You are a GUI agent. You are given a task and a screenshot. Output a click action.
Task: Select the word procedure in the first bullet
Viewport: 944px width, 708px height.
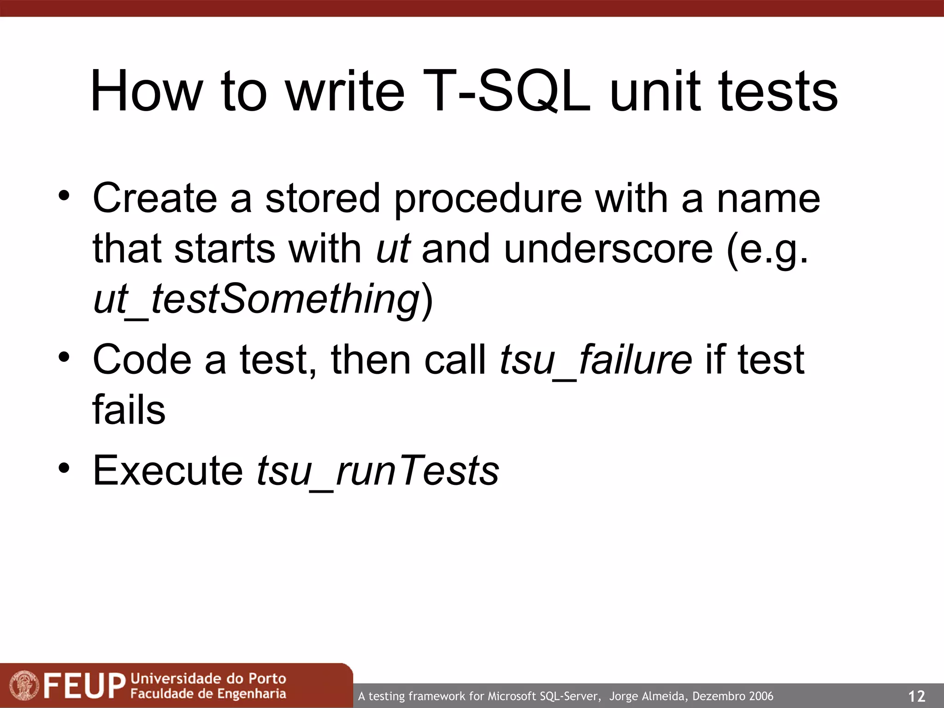click(x=488, y=199)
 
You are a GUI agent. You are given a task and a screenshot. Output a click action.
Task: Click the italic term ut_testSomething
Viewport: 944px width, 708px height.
click(x=256, y=299)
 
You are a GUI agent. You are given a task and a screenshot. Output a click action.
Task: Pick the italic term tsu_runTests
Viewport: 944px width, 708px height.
click(x=378, y=471)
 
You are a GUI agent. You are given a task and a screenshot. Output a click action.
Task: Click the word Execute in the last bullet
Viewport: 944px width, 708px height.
click(x=168, y=471)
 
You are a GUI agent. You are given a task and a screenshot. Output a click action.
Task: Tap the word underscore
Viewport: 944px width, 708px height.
click(x=608, y=249)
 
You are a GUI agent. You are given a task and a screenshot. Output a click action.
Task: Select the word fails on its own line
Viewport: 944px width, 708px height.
click(x=129, y=410)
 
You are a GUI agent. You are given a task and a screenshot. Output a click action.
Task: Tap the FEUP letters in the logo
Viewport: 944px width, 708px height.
click(x=84, y=686)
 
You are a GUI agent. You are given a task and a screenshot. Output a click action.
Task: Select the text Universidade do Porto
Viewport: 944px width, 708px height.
click(x=208, y=678)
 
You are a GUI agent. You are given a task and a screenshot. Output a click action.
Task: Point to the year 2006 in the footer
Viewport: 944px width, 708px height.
click(x=761, y=696)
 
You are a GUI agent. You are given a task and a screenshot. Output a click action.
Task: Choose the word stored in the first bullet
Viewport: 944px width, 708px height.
click(x=322, y=199)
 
